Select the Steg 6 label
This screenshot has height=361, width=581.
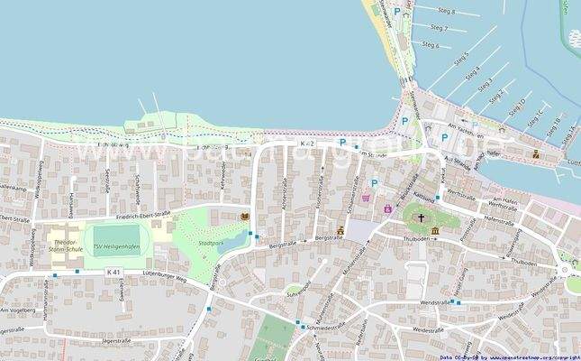point(431,44)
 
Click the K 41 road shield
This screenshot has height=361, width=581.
point(113,272)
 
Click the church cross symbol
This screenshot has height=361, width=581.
point(420,218)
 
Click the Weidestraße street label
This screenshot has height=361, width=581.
point(428,329)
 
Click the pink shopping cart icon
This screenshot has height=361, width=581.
point(366,197)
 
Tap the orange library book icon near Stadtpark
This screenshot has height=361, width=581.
point(244,217)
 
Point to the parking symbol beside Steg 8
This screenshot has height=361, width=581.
point(397,12)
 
